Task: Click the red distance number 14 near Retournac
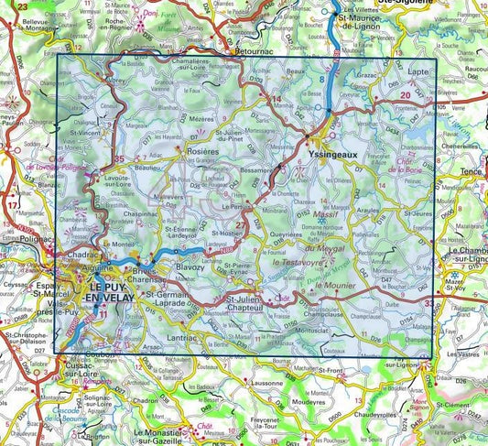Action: click(277, 99)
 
